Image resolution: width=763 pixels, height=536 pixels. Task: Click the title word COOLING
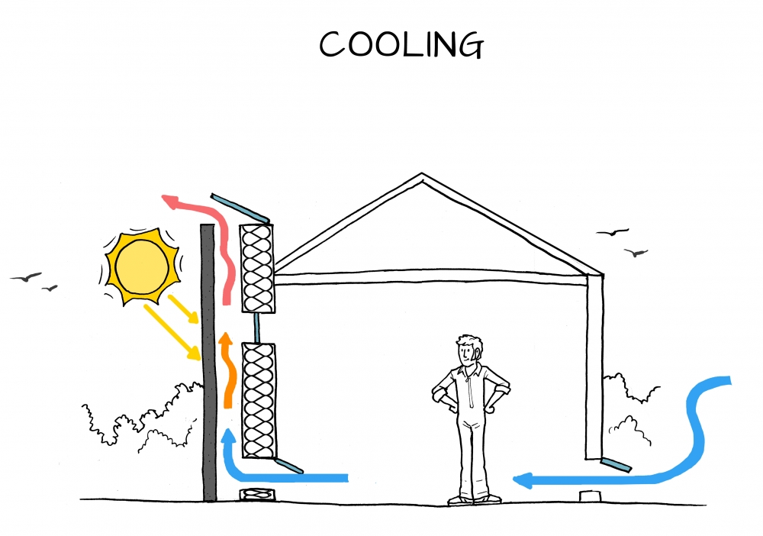tap(401, 45)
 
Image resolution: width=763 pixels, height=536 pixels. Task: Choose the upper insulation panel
tap(256, 267)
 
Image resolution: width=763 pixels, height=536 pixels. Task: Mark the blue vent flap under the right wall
tap(616, 464)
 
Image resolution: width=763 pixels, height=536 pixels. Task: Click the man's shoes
tap(473, 499)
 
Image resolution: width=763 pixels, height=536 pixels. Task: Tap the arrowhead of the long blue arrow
tap(523, 480)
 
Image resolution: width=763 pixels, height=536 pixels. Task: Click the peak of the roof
tap(422, 176)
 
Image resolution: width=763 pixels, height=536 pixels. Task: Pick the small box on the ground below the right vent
tap(589, 496)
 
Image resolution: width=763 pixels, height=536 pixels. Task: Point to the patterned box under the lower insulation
tap(255, 495)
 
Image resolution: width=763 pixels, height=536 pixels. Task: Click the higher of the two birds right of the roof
tap(612, 231)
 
